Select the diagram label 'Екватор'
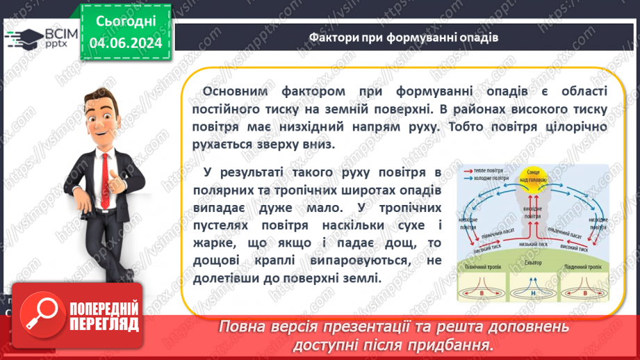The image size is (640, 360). point(533,263)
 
